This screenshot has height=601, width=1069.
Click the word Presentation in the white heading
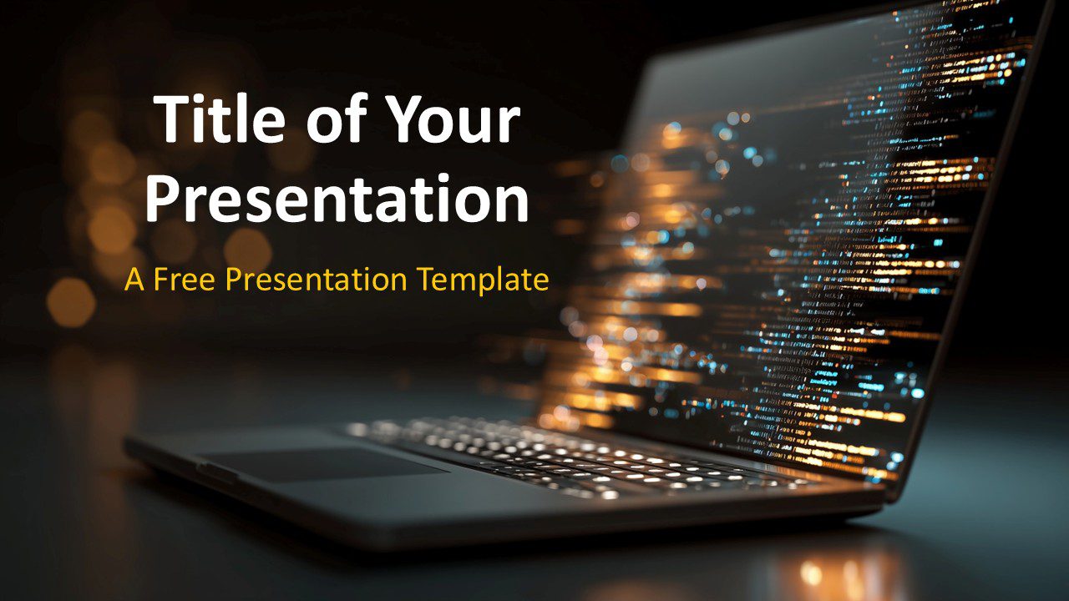(337, 199)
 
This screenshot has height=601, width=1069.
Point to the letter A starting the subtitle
(134, 280)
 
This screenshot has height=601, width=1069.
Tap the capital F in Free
(161, 280)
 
